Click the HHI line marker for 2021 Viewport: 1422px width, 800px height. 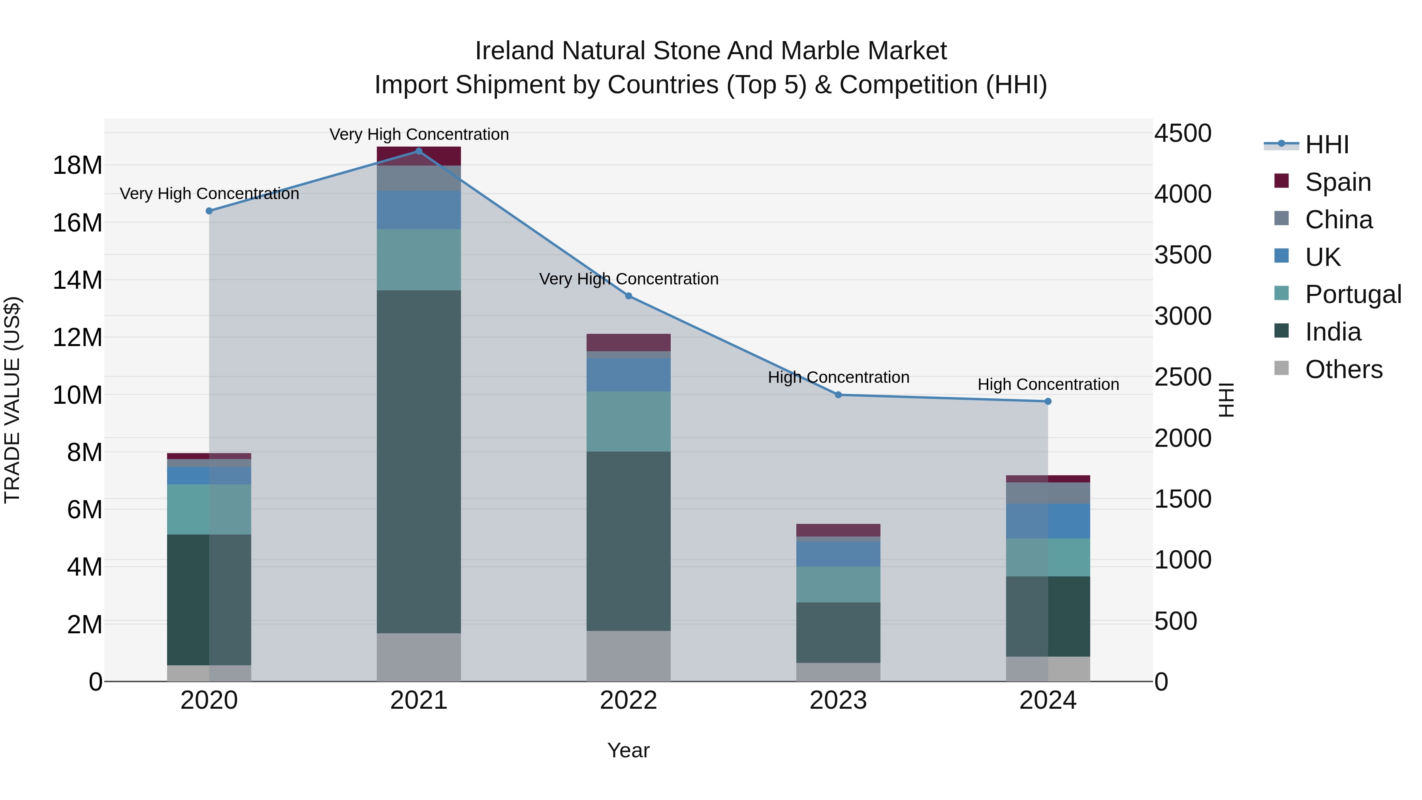(x=418, y=151)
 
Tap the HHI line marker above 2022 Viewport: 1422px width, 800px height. (x=628, y=296)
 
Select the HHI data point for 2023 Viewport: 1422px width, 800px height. (x=838, y=395)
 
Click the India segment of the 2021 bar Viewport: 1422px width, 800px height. (x=418, y=461)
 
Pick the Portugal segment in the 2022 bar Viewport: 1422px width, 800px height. (x=628, y=421)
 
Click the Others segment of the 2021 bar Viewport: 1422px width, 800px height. (x=418, y=657)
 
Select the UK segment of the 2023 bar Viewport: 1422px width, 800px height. (x=838, y=554)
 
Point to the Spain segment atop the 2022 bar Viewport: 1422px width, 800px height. (x=628, y=342)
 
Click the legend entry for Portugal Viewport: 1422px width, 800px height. (x=1352, y=294)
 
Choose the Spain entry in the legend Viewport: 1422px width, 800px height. (x=1337, y=182)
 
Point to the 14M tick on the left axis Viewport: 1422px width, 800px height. (x=77, y=280)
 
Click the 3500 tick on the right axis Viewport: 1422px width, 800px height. (x=1182, y=255)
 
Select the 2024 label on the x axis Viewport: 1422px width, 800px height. (x=1047, y=700)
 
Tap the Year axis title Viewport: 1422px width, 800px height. (x=628, y=750)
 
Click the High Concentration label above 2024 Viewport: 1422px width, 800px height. (x=1048, y=384)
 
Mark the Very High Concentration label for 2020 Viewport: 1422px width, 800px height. (x=209, y=194)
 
